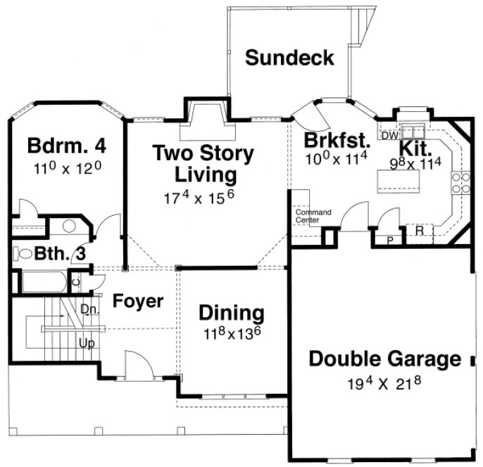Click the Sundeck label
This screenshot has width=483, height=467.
coord(289,58)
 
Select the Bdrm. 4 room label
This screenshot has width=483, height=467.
coord(67,146)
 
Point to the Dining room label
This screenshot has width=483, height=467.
coord(231,312)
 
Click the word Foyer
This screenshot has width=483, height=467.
coord(139,302)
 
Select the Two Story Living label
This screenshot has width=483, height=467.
coord(203,162)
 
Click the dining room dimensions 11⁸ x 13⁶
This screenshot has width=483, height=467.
coord(231,333)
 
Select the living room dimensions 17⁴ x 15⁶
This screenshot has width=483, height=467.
coord(204,197)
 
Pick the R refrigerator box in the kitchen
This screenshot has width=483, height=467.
coord(419,230)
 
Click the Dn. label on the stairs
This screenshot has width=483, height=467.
coord(89,308)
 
